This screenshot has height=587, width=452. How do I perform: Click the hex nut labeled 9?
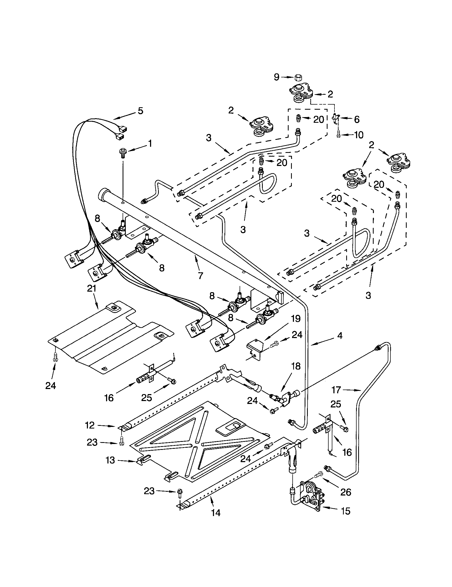pos(297,78)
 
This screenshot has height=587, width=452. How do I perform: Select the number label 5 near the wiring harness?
pos(140,111)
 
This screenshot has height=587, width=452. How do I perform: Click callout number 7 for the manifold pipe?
pos(200,276)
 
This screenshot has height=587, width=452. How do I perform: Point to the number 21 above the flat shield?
pos(91,289)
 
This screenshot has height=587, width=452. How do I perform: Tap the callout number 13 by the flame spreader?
pos(110,461)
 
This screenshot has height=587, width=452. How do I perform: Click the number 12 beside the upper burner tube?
pos(90,425)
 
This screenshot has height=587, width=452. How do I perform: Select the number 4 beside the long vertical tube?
pos(340,335)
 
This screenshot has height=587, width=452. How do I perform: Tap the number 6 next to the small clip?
pos(356,119)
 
